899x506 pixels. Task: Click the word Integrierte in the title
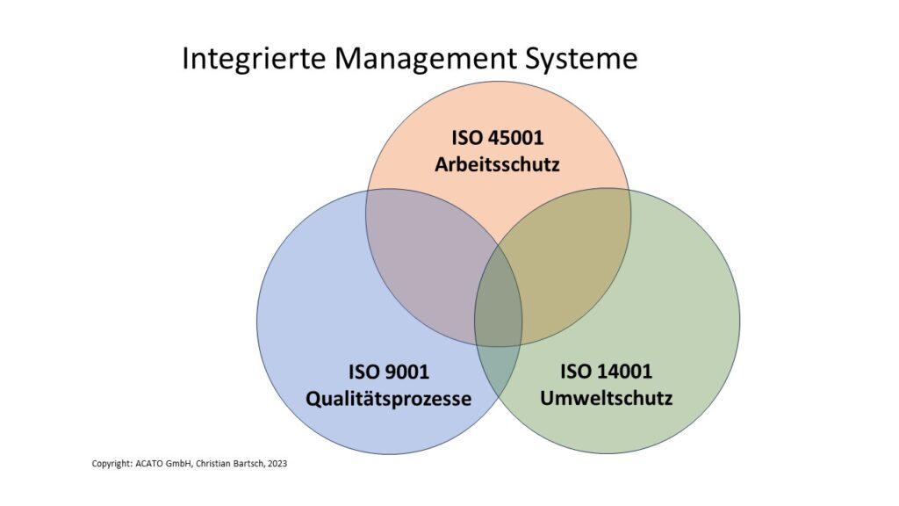pyautogui.click(x=255, y=60)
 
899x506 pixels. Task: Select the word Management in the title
pyautogui.click(x=423, y=59)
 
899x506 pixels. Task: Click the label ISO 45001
pyautogui.click(x=497, y=138)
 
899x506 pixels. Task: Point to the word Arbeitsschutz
pyautogui.click(x=497, y=164)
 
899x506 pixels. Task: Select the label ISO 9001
pyautogui.click(x=389, y=372)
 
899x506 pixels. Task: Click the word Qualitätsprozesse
pyautogui.click(x=389, y=399)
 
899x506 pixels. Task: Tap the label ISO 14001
pyautogui.click(x=606, y=372)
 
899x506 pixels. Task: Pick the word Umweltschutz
pyautogui.click(x=606, y=398)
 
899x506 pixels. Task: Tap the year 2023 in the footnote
pyautogui.click(x=277, y=464)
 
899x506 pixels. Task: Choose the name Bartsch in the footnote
pyautogui.click(x=248, y=464)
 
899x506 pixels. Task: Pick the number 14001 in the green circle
pyautogui.click(x=622, y=372)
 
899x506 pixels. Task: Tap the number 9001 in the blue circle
pyautogui.click(x=405, y=372)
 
